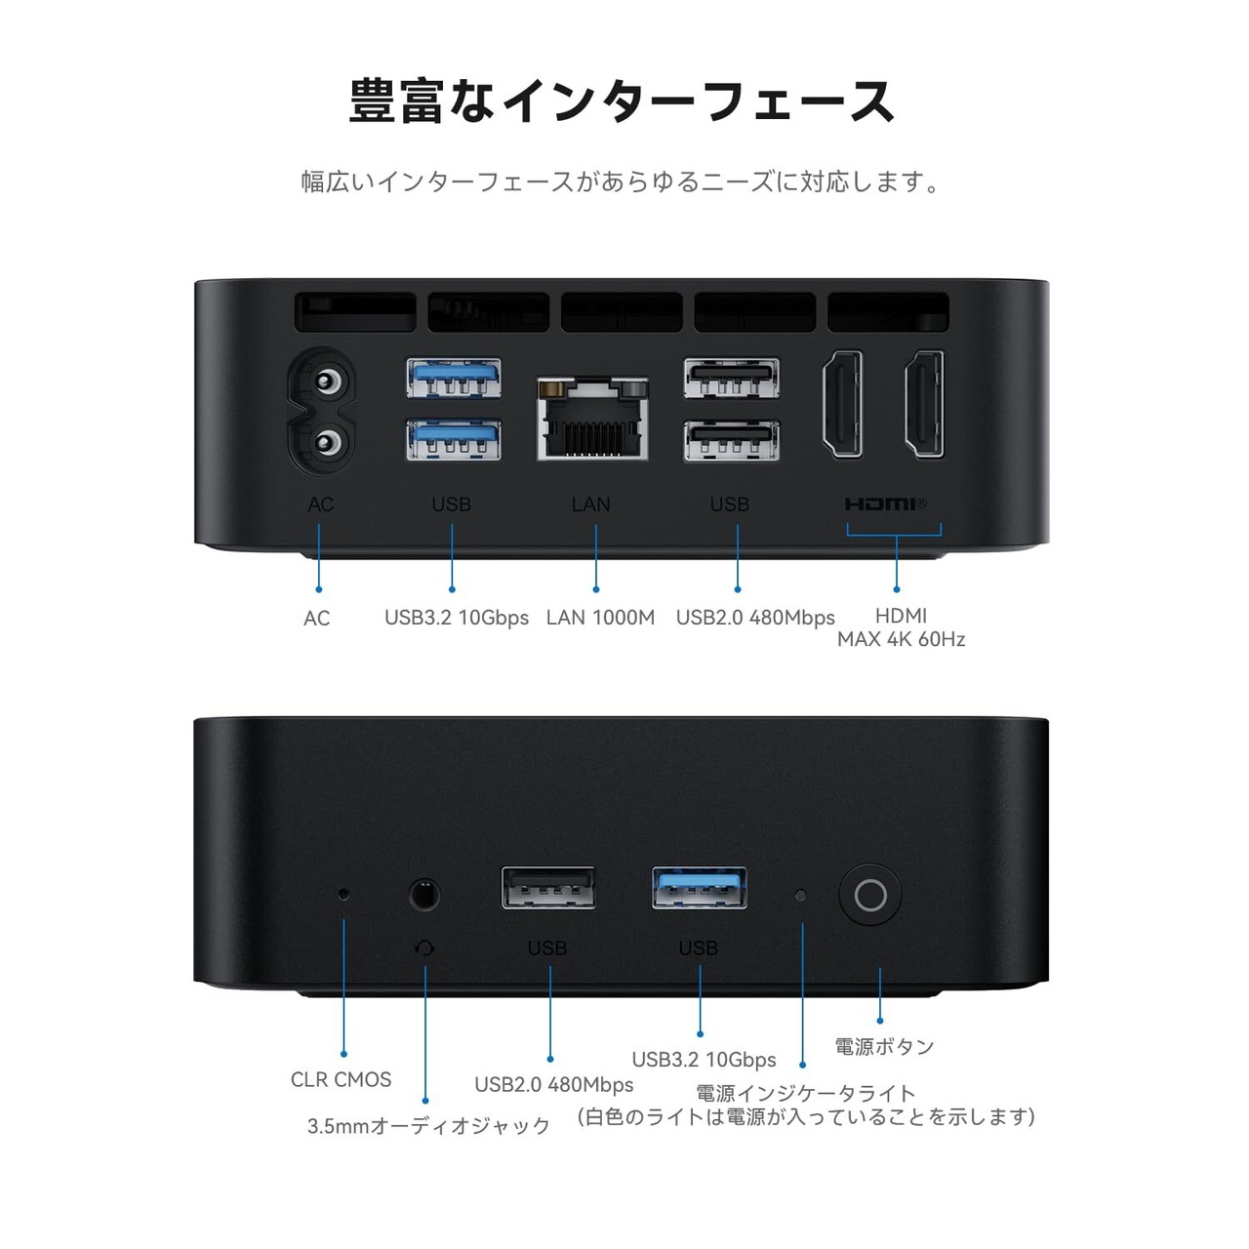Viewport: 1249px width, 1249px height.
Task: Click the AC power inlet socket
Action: [x=320, y=411]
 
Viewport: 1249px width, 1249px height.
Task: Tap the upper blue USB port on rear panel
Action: [x=454, y=378]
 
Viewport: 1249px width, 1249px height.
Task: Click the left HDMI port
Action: [x=842, y=404]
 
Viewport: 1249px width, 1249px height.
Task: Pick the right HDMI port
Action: [x=923, y=404]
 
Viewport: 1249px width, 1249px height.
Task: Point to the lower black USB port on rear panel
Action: [x=731, y=440]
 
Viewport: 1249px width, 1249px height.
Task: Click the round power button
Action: [x=869, y=895]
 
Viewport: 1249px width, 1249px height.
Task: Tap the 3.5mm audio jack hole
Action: [x=423, y=894]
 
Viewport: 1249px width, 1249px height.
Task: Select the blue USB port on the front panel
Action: [x=700, y=888]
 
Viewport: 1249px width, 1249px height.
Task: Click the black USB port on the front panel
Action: [x=548, y=888]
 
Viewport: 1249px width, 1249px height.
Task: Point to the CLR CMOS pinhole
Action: [x=342, y=892]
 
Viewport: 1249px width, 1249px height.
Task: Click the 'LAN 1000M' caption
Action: [x=600, y=618]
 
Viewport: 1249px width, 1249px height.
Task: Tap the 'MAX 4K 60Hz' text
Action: [x=901, y=640]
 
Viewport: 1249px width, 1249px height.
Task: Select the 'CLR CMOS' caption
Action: [x=341, y=1079]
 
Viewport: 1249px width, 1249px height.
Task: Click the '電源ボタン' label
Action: [x=884, y=1047]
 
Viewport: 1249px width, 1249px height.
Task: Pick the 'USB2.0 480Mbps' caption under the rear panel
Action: [x=755, y=618]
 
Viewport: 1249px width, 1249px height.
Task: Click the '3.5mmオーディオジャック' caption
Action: [x=428, y=1126]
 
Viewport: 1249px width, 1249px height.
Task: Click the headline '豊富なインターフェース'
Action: [x=623, y=101]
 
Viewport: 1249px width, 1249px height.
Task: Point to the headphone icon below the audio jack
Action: [x=424, y=947]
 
